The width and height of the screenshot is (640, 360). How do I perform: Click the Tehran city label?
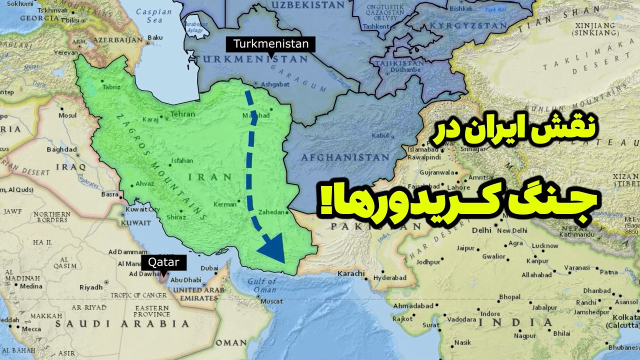coord(182,114)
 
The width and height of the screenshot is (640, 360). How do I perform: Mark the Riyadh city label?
coord(90,287)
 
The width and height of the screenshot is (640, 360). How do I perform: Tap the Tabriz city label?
coord(111,87)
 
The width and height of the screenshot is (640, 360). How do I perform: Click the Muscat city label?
coord(272,301)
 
